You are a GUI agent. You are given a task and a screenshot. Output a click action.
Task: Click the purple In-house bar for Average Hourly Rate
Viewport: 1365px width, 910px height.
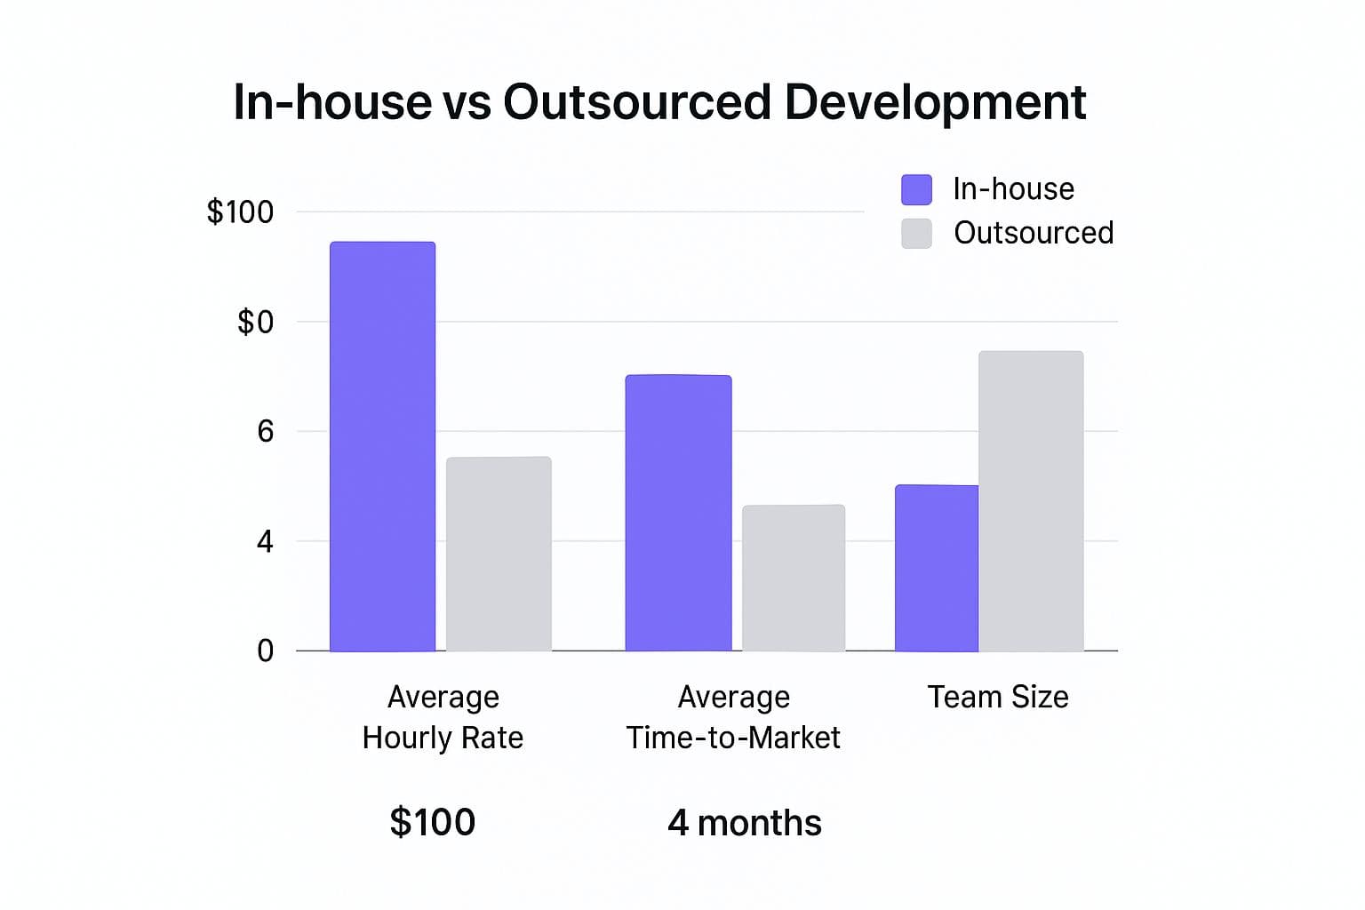click(x=383, y=446)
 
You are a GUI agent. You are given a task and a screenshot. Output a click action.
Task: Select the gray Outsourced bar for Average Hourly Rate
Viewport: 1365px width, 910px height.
click(x=499, y=554)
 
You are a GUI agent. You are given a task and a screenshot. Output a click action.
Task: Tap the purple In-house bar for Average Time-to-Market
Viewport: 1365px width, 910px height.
click(x=678, y=513)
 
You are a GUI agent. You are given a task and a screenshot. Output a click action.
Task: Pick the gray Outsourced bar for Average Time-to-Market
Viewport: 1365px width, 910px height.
click(x=794, y=578)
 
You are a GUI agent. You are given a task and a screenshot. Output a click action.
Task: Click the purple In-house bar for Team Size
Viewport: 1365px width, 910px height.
click(x=937, y=568)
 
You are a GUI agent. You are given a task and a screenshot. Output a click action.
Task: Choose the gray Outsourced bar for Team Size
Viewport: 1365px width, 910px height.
click(x=1031, y=501)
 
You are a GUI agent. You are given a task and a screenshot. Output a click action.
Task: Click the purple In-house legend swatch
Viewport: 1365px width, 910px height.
click(x=916, y=189)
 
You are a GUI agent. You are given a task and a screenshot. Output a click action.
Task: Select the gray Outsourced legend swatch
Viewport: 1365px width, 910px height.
click(x=916, y=234)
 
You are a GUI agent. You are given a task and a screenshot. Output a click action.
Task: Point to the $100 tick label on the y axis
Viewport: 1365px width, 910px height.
click(x=240, y=212)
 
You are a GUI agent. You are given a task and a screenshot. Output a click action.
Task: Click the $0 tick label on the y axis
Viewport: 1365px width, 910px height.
click(x=255, y=322)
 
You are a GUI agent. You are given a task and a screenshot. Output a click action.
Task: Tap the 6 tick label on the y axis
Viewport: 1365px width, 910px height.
click(x=265, y=432)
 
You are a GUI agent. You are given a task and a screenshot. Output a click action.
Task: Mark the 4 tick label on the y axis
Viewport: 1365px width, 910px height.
click(x=265, y=541)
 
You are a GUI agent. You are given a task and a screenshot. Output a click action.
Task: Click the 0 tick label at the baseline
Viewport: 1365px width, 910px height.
click(x=265, y=651)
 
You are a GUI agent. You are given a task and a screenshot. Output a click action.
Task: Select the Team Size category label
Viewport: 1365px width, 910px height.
click(x=998, y=697)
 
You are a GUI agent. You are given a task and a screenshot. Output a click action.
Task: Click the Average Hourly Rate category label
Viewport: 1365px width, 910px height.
click(x=443, y=717)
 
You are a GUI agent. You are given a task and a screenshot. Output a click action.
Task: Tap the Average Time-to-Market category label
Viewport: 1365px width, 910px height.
click(x=734, y=717)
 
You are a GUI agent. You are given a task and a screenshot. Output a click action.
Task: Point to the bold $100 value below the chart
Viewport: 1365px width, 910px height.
click(x=433, y=822)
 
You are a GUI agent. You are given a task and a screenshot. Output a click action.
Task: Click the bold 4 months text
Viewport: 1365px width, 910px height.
click(x=745, y=823)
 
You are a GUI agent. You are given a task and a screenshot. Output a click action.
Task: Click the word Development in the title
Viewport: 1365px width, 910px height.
click(x=936, y=102)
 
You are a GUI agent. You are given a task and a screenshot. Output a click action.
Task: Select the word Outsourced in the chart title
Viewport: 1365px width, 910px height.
click(x=637, y=102)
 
